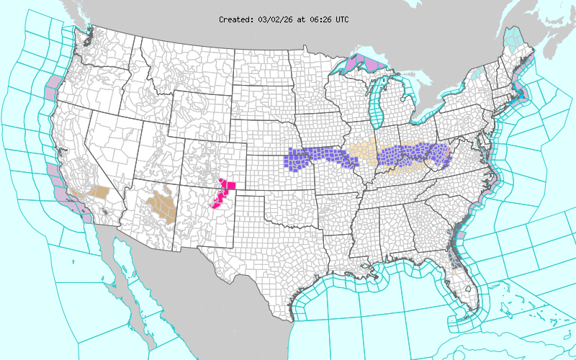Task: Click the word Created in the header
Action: pyautogui.click(x=235, y=19)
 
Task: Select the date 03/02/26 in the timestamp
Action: pyautogui.click(x=274, y=19)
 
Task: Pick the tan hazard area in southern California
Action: pyautogui.click(x=100, y=193)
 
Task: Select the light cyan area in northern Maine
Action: pyautogui.click(x=513, y=35)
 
